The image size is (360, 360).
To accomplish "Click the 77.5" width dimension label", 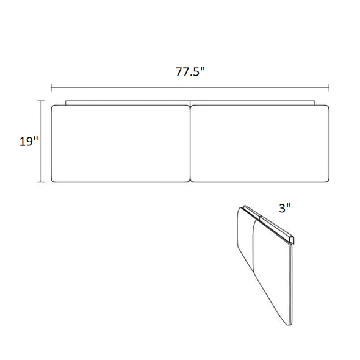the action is [190, 71].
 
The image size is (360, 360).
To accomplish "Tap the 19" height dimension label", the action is [29, 141].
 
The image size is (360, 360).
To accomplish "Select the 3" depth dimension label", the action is [285, 208].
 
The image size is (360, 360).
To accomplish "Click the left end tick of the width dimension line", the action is [51, 87].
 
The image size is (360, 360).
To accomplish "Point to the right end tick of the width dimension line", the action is [329, 87].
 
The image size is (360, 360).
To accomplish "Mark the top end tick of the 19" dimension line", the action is [41, 101].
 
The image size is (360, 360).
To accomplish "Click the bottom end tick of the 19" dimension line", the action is [41, 182].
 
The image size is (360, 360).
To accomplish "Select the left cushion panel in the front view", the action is [121, 144].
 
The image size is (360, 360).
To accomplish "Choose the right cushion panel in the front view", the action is [260, 144].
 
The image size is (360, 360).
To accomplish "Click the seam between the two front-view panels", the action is [190, 144].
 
